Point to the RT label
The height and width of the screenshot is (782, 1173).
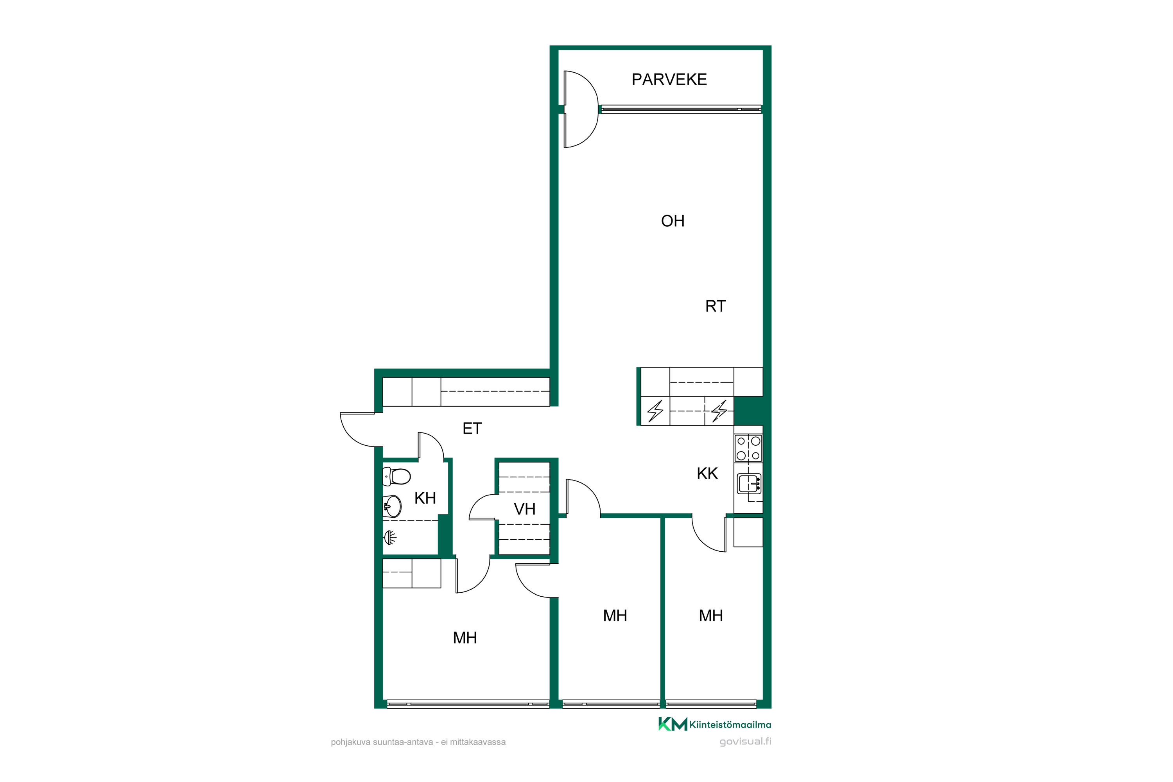pos(715,306)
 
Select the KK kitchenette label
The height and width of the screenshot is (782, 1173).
pos(707,473)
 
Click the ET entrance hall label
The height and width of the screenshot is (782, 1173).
pos(472,429)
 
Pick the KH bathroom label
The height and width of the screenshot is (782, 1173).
pos(425,498)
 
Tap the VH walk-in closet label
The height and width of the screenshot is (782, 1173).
pos(525,509)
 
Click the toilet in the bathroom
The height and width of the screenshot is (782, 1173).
pos(396,477)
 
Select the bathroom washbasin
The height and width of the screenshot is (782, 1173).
pos(392,507)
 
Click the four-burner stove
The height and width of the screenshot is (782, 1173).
pos(748,448)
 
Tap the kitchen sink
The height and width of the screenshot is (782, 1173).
pos(749,484)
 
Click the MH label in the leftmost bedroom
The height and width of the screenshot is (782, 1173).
pos(465,638)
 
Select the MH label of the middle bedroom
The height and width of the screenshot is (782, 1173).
pos(615,616)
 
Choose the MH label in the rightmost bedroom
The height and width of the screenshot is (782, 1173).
pos(711,616)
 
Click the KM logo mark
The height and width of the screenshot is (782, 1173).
pos(672,724)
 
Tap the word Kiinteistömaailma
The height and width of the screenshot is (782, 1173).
pos(730,725)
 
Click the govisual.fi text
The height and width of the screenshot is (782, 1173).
pos(745,742)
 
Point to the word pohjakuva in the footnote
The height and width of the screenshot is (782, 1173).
pos(350,742)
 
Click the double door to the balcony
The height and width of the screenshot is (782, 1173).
pos(581,109)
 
